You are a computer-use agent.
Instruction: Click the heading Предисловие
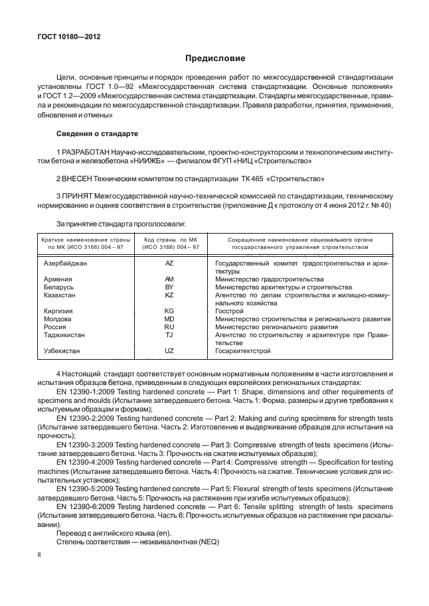tap(214, 58)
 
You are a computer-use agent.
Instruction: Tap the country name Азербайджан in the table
tap(66, 264)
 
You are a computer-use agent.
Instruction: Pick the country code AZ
tap(169, 264)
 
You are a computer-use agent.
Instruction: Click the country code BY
tap(169, 287)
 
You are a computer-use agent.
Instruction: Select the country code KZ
tap(169, 295)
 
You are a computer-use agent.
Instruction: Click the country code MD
tap(169, 319)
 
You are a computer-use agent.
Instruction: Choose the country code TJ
tap(169, 335)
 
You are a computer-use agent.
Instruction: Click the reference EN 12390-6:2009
tap(88, 506)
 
